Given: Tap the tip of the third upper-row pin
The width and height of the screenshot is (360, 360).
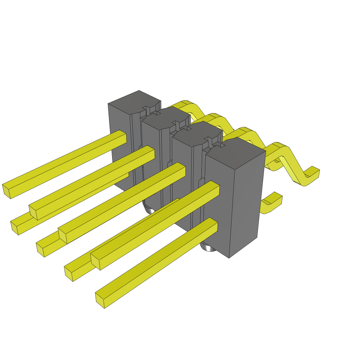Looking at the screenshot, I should click(x=62, y=235).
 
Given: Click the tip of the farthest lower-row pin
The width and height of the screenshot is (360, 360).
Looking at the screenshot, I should click(x=14, y=227).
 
